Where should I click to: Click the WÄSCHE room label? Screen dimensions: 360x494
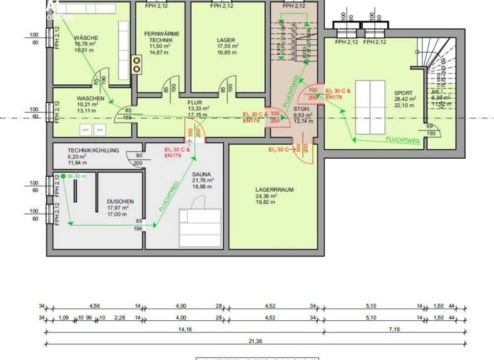[x=86, y=38]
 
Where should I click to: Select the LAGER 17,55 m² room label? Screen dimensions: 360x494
[x=227, y=39]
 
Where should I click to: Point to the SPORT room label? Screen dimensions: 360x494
[x=404, y=93]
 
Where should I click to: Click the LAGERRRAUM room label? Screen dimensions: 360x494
[x=273, y=190]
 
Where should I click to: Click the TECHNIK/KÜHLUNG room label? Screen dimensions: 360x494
[x=93, y=150]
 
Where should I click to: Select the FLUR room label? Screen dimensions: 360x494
[x=196, y=103]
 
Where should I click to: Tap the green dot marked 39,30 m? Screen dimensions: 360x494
[x=63, y=176]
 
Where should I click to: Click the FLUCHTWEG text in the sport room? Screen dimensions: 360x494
[x=403, y=139]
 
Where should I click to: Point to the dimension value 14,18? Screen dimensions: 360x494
[x=185, y=330]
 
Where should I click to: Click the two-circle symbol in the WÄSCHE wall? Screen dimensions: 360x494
[x=136, y=63]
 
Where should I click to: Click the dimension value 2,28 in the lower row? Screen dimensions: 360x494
[x=120, y=318]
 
